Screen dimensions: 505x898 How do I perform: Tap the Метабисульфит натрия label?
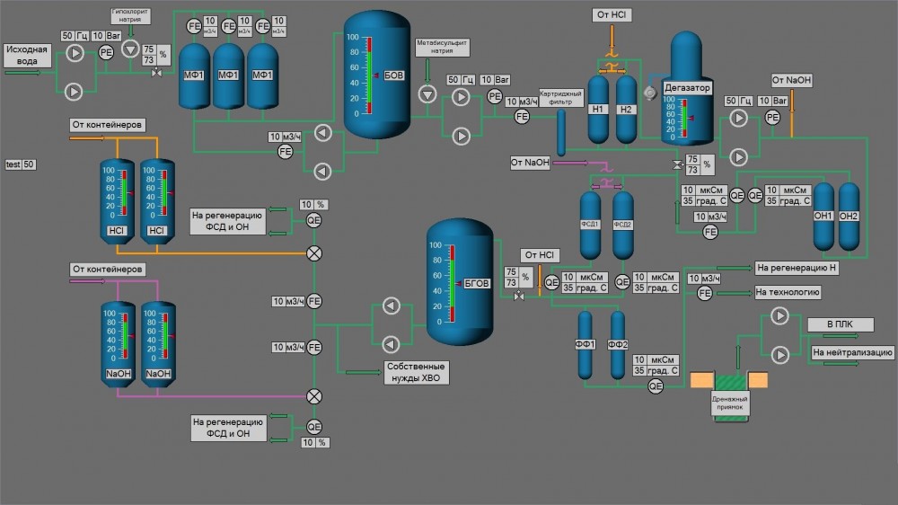point(442,47)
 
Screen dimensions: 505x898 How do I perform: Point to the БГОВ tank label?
point(477,283)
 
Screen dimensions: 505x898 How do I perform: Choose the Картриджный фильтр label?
point(561,98)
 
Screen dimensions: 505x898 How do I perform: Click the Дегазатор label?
point(687,88)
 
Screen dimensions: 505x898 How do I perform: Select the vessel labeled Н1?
point(599,109)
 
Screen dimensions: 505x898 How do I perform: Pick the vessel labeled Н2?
point(627,109)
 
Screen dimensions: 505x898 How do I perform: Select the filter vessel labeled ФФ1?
point(586,345)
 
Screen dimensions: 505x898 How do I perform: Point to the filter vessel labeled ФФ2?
point(618,345)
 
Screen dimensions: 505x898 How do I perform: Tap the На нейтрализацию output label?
point(852,352)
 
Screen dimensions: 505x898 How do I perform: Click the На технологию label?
point(788,292)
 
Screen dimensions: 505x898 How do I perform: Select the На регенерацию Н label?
point(796,268)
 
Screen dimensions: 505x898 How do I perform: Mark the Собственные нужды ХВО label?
point(416,372)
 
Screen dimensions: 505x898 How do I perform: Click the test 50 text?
point(21,164)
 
